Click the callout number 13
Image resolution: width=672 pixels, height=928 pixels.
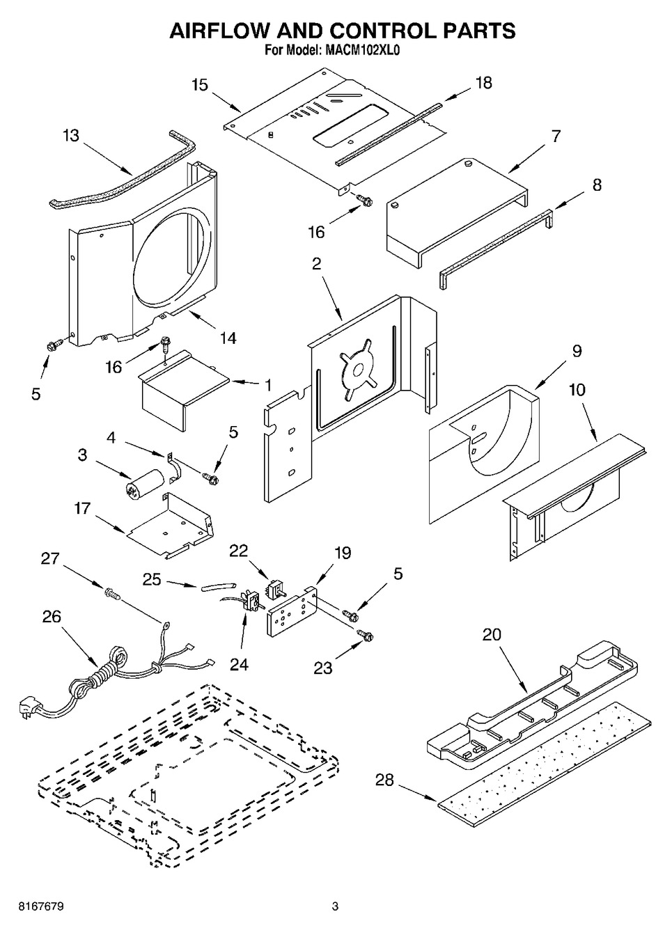coord(71,135)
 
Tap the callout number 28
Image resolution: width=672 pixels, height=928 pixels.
coord(384,780)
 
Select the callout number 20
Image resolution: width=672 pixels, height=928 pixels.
coord(491,635)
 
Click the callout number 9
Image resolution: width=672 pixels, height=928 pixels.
coord(577,351)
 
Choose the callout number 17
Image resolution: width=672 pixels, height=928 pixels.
coord(82,509)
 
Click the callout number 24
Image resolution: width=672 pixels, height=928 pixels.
coord(239,664)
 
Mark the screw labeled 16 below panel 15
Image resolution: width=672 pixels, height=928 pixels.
coord(363,201)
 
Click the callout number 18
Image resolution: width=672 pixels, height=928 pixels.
coord(483,82)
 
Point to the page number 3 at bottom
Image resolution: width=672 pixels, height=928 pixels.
coord(335,906)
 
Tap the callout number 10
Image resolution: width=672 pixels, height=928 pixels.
coord(577,390)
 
